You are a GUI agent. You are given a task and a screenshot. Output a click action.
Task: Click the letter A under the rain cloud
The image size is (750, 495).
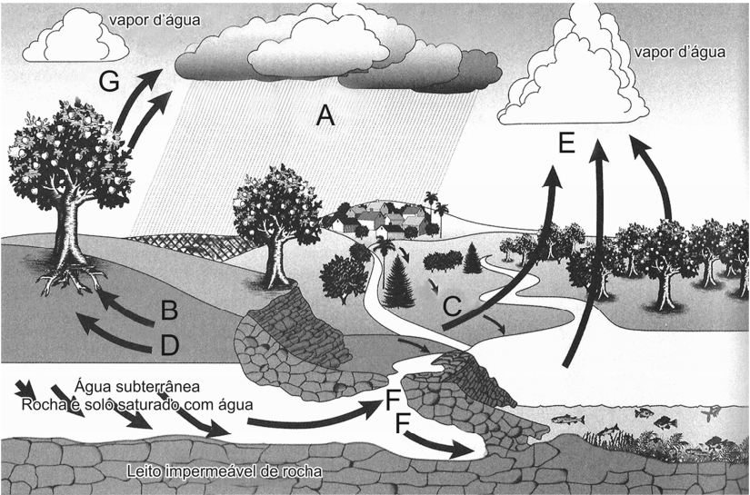pyautogui.click(x=325, y=115)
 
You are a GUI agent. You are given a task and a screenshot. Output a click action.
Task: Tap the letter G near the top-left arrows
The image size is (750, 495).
pyautogui.click(x=109, y=81)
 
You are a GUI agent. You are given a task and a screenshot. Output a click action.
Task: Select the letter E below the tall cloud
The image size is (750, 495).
pyautogui.click(x=566, y=143)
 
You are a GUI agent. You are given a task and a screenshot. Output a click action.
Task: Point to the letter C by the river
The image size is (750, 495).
pyautogui.click(x=452, y=306)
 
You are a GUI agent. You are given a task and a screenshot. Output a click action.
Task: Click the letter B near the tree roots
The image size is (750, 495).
pyautogui.click(x=169, y=310)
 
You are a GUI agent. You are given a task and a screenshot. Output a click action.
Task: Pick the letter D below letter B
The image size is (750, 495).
pyautogui.click(x=170, y=345)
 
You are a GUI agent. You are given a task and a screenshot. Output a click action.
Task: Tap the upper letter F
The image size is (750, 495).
pyautogui.click(x=392, y=400)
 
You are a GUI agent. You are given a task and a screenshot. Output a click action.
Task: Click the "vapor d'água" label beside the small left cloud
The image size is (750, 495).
pyautogui.click(x=155, y=21)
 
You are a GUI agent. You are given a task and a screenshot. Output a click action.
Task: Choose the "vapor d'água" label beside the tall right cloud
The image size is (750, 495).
pyautogui.click(x=680, y=52)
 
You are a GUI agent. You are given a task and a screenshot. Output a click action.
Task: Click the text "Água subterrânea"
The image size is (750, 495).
pyautogui.click(x=137, y=386)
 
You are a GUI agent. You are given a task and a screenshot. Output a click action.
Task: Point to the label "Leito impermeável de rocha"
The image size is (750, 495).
pyautogui.click(x=225, y=471)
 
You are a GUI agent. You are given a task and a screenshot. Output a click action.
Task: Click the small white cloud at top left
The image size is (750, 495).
pyautogui.click(x=75, y=35)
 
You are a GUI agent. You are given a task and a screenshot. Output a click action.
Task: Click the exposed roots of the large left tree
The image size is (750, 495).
pyautogui.click(x=73, y=281)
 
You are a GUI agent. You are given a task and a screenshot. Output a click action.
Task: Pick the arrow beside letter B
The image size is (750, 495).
pyautogui.click(x=125, y=308)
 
